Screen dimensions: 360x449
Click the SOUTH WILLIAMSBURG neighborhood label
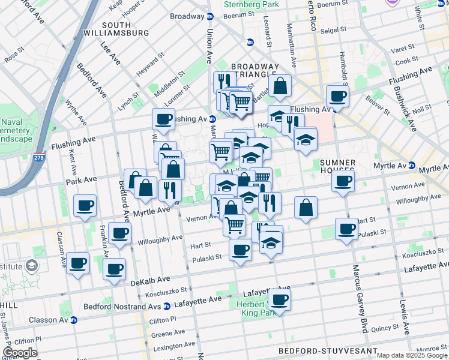tap(125, 28)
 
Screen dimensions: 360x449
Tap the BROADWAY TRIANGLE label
tap(255, 71)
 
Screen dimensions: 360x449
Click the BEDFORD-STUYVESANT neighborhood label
tap(328, 350)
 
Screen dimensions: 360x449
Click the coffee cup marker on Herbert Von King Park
tap(279, 299)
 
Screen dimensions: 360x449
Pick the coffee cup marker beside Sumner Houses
tap(343, 181)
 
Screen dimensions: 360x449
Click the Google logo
tap(20, 353)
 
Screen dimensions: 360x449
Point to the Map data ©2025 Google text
tap(411, 355)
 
